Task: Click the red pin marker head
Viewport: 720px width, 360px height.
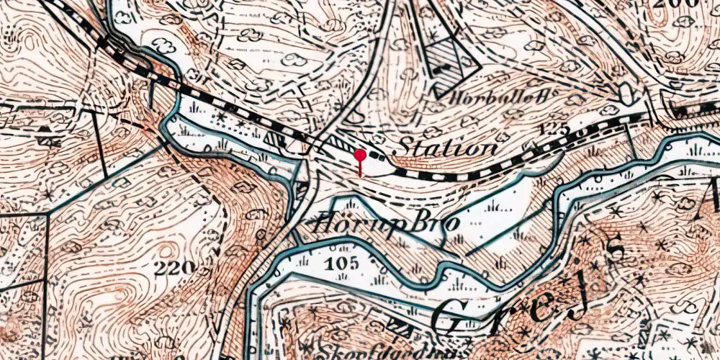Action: (x=360, y=155)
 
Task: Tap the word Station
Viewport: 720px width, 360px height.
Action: (x=446, y=148)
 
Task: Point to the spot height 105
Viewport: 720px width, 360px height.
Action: (x=342, y=264)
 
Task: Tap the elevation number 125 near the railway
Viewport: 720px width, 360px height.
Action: (x=554, y=130)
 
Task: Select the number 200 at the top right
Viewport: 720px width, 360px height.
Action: (x=677, y=4)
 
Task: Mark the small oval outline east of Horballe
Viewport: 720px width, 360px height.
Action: (x=625, y=91)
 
